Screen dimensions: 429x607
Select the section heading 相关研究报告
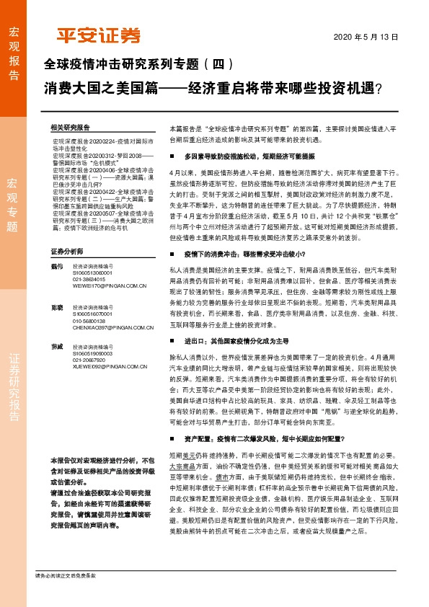[x=71, y=125]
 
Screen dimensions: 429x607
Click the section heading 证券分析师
[x=68, y=252]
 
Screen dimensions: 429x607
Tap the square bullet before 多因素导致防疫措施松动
[x=172, y=156]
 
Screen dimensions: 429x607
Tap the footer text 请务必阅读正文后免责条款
[x=66, y=575]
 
